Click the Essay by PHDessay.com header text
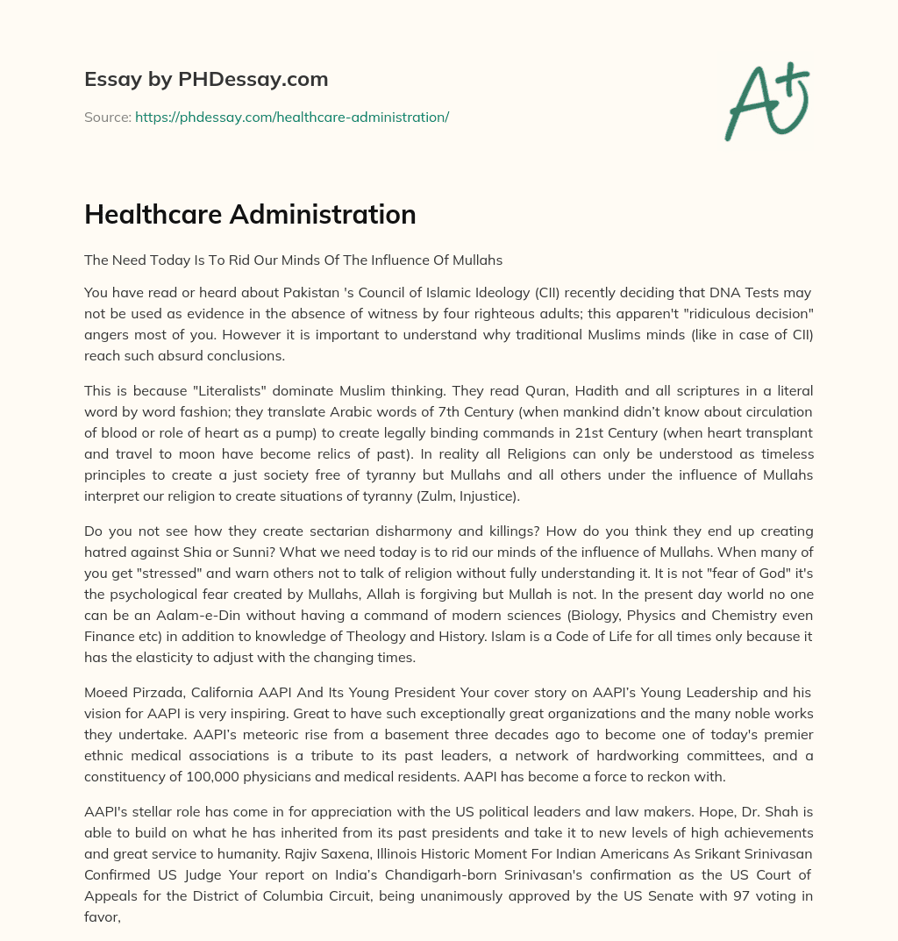tap(206, 79)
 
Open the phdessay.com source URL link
tap(292, 117)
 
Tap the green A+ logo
tap(766, 101)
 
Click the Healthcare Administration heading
tap(250, 215)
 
